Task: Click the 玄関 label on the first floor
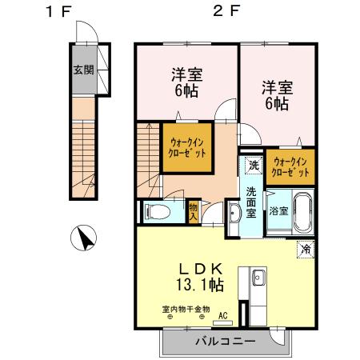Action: click(x=83, y=70)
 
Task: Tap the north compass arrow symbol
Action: click(x=85, y=238)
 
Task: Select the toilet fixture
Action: click(x=158, y=212)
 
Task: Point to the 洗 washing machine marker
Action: click(x=253, y=166)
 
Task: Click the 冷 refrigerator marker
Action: click(x=306, y=249)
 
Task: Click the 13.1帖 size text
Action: click(x=199, y=284)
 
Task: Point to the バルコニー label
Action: click(x=225, y=342)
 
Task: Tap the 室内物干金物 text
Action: click(x=185, y=309)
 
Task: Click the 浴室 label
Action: click(x=278, y=211)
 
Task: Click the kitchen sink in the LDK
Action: click(x=258, y=279)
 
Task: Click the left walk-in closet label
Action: click(x=189, y=147)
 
